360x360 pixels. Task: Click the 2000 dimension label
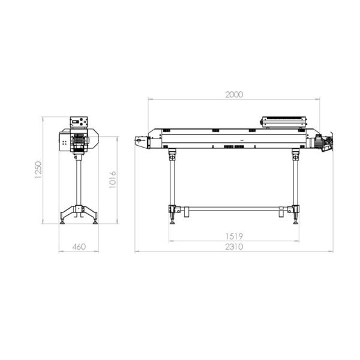coord(234,95)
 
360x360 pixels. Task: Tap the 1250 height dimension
coord(38,170)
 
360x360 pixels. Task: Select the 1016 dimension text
coord(113,179)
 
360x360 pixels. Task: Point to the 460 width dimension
coord(79,247)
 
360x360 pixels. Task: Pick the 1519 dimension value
coord(234,236)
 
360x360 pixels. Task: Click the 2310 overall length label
coord(234,247)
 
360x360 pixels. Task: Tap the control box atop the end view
coord(79,122)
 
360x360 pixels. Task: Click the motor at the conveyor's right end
coord(321,142)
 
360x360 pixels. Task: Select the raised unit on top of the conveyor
coord(284,121)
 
